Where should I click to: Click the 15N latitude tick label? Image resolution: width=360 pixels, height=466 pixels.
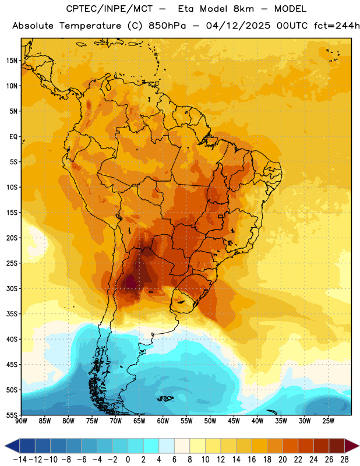coord(12,61)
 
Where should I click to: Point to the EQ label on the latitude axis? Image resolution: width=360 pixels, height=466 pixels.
coord(13,137)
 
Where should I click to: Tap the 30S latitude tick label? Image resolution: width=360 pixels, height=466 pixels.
coord(12,288)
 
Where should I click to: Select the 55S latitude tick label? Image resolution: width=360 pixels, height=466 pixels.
coord(12,415)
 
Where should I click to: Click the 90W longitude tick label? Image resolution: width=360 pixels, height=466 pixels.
coord(21,421)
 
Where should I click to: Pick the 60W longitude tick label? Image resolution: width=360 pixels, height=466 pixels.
coord(163,421)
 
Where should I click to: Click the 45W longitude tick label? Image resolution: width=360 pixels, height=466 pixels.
coord(234,421)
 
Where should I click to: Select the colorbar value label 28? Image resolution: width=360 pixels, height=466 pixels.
coord(344,460)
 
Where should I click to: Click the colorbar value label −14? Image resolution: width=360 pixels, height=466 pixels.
coord(20,460)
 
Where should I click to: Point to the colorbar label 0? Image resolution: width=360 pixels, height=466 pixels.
coord(128,460)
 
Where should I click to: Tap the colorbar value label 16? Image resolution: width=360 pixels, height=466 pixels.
coord(252,460)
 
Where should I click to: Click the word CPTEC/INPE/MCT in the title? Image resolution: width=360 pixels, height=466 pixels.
coord(110,9)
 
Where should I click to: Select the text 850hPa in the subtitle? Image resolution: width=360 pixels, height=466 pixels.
coord(167,26)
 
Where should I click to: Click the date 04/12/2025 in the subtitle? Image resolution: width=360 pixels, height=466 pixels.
coord(238,26)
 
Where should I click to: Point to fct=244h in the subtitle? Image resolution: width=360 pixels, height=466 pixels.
coord(337,26)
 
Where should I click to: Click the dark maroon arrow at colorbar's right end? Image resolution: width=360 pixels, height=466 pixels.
coord(352,446)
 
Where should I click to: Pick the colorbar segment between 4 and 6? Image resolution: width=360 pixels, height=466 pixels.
coord(167,446)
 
